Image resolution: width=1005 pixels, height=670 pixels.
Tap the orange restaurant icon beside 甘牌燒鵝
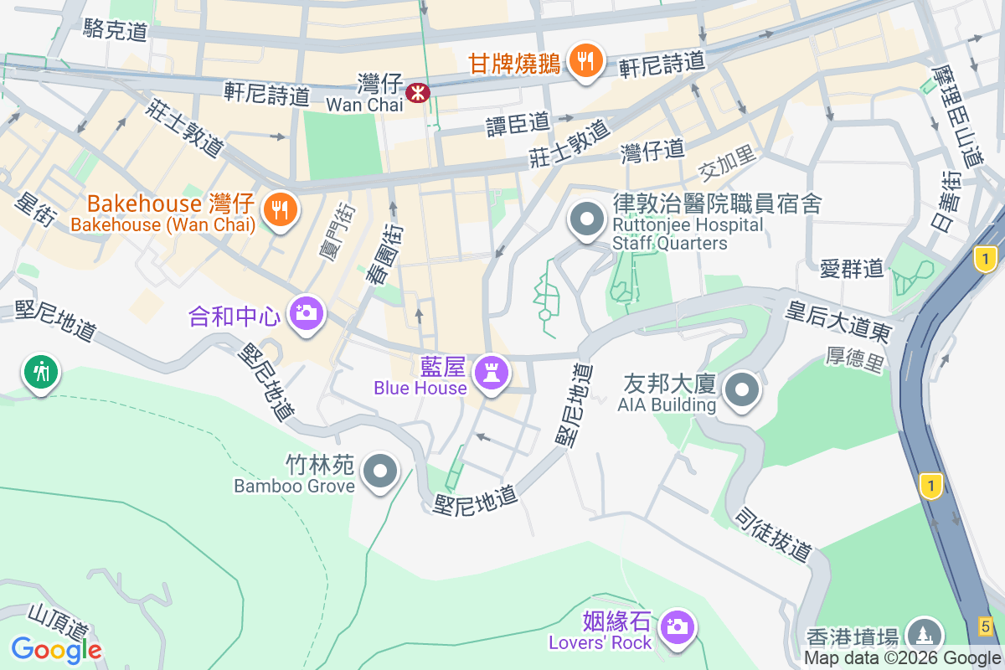pos(585,61)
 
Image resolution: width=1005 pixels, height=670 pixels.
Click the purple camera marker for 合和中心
pos(306,314)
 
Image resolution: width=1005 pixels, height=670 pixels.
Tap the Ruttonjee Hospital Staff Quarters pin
pos(586,219)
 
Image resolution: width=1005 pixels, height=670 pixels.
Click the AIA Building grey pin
pos(741,389)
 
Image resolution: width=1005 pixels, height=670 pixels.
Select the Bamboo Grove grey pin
pos(382,471)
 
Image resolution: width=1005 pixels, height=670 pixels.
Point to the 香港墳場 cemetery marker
pos(924,635)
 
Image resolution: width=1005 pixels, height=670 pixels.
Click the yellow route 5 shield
pos(986,625)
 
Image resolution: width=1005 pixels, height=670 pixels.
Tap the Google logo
pos(56,649)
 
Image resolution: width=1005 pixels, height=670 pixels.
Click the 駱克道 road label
pos(116,32)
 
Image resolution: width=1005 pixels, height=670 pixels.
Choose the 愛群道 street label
pos(852,268)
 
